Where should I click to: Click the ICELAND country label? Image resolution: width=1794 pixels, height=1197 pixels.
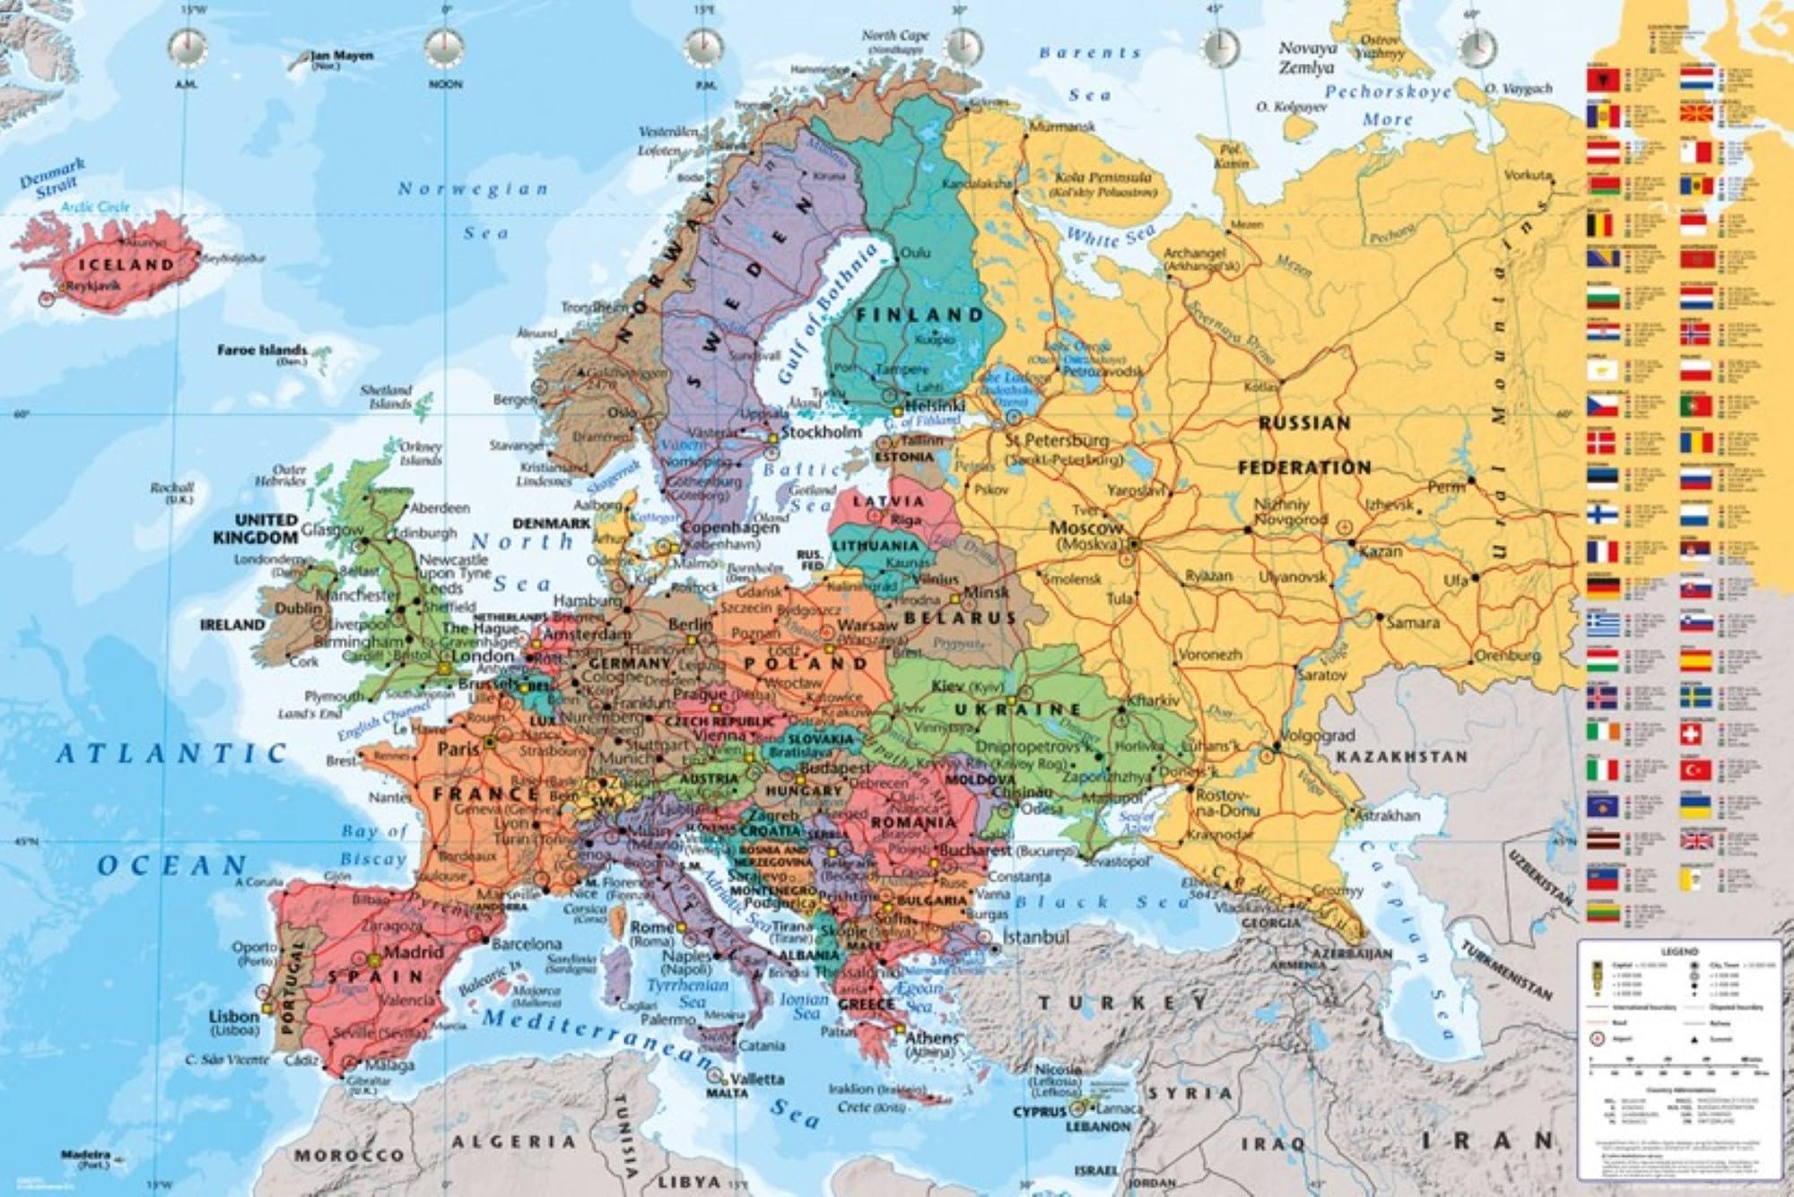[x=126, y=265]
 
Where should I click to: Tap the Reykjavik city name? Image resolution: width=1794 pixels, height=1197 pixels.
[x=100, y=285]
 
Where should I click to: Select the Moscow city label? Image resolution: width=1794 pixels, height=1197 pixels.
[x=1086, y=528]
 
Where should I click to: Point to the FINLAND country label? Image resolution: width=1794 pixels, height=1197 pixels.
[x=919, y=315]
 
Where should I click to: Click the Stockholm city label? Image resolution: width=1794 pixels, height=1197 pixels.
[x=822, y=431]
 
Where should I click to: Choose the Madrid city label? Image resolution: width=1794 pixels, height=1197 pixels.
[x=414, y=951]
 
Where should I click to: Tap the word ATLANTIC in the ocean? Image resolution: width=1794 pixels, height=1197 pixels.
[x=171, y=753]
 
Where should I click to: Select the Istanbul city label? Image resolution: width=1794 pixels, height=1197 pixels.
[x=1036, y=937]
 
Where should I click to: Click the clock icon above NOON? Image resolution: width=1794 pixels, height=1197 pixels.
[x=446, y=47]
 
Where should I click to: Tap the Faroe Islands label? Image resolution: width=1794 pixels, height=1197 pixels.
[x=261, y=350]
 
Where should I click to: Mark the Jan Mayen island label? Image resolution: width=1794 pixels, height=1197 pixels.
[x=341, y=56]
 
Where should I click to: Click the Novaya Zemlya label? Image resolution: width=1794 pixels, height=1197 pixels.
[x=1307, y=57]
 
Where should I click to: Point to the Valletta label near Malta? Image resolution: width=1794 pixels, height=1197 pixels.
[x=757, y=1079]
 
